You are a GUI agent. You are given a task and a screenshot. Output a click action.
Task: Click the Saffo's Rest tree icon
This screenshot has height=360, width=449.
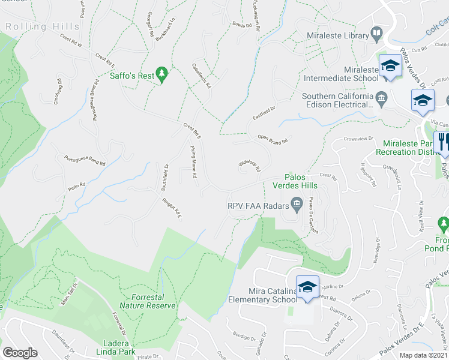(161, 73)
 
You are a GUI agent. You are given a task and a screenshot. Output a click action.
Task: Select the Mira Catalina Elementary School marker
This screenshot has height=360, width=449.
(307, 287)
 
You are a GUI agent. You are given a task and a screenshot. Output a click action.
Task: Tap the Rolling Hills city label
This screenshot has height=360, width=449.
(42, 26)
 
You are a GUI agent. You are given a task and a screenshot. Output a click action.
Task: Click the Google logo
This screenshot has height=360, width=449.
(19, 353)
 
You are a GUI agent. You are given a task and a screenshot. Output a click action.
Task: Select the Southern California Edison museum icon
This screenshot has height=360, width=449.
(381, 97)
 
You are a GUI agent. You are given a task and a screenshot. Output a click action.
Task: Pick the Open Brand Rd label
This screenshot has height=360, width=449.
(273, 140)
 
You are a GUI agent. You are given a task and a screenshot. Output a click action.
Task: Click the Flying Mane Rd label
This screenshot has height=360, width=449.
(194, 163)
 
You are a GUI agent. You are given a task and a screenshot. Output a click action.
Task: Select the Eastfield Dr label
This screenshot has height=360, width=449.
(263, 113)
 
